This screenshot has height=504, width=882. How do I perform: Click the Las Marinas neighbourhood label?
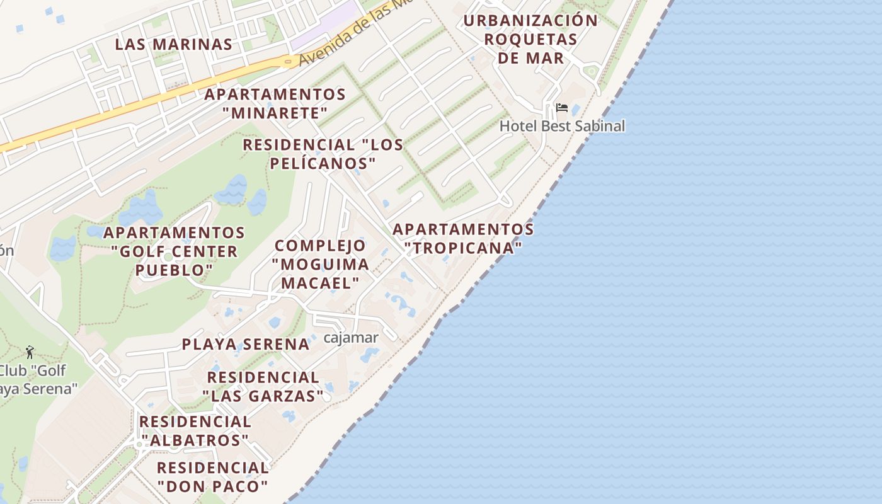tap(174, 45)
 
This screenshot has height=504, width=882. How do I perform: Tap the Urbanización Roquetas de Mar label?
tap(530, 39)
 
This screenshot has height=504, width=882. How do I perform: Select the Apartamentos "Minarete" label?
tap(275, 104)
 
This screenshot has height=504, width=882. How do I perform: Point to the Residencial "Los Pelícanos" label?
tap(323, 154)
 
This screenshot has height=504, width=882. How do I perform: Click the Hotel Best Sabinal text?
tap(562, 126)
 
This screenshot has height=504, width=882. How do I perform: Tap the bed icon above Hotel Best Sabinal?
tap(562, 108)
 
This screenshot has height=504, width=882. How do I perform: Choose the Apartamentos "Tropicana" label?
tap(464, 238)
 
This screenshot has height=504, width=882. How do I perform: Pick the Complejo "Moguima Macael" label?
tap(320, 265)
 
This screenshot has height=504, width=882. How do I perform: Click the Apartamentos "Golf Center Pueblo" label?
tap(175, 251)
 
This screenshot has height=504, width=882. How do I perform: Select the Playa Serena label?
tap(246, 345)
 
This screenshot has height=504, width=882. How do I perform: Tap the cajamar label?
tap(351, 338)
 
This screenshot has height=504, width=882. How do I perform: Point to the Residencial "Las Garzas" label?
tap(263, 387)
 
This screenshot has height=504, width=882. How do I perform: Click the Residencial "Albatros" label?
tap(195, 431)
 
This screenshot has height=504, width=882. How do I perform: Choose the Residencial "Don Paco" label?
tap(213, 477)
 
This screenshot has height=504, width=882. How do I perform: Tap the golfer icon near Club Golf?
tap(30, 352)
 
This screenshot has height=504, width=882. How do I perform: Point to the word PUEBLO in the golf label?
tap(175, 270)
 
